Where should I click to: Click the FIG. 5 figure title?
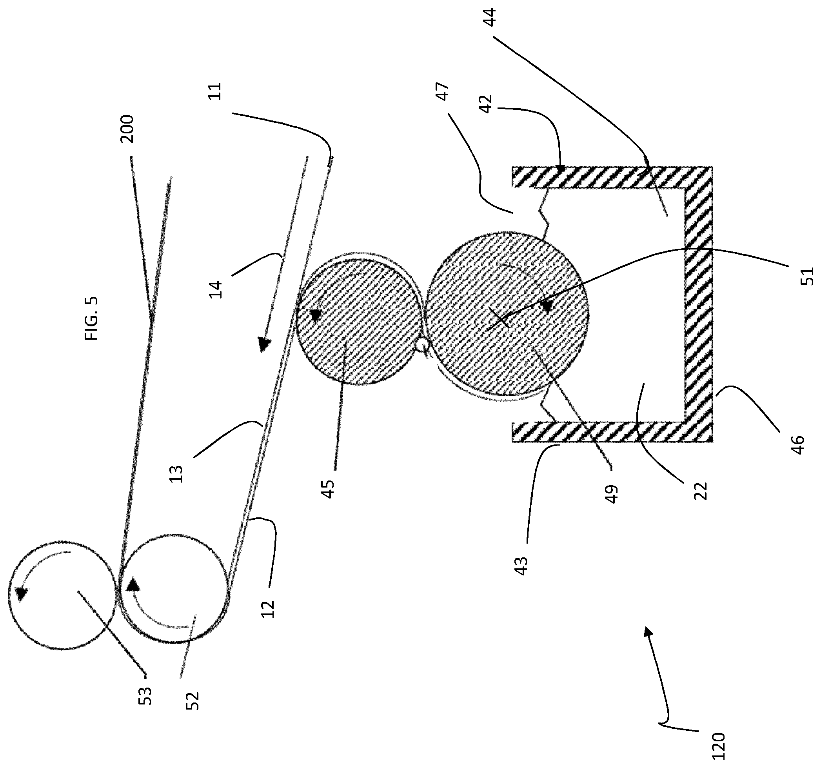click(92, 318)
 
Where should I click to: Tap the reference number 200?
click(127, 129)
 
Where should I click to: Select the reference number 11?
click(215, 91)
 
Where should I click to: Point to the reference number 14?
click(216, 289)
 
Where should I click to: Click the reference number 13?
click(176, 474)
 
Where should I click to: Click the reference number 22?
click(700, 491)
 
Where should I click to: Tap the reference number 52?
click(193, 701)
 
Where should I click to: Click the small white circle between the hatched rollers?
click(422, 344)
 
